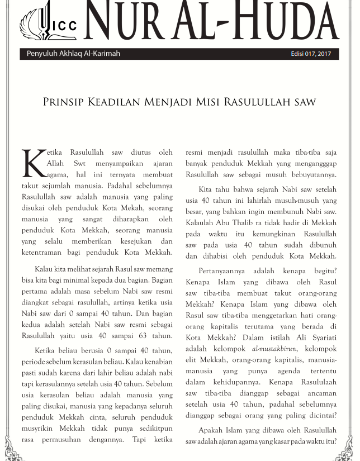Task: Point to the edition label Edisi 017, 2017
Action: click(x=311, y=54)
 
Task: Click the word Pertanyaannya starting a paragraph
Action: click(x=225, y=272)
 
